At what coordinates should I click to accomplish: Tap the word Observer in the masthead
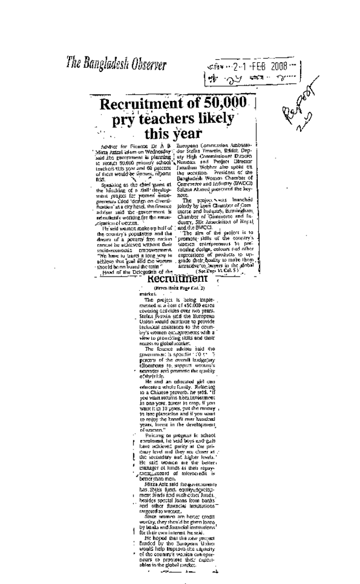[148, 63]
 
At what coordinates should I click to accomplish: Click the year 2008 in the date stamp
[279, 67]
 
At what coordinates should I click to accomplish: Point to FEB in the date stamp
[257, 67]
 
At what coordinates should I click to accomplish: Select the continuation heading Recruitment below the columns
[177, 279]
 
